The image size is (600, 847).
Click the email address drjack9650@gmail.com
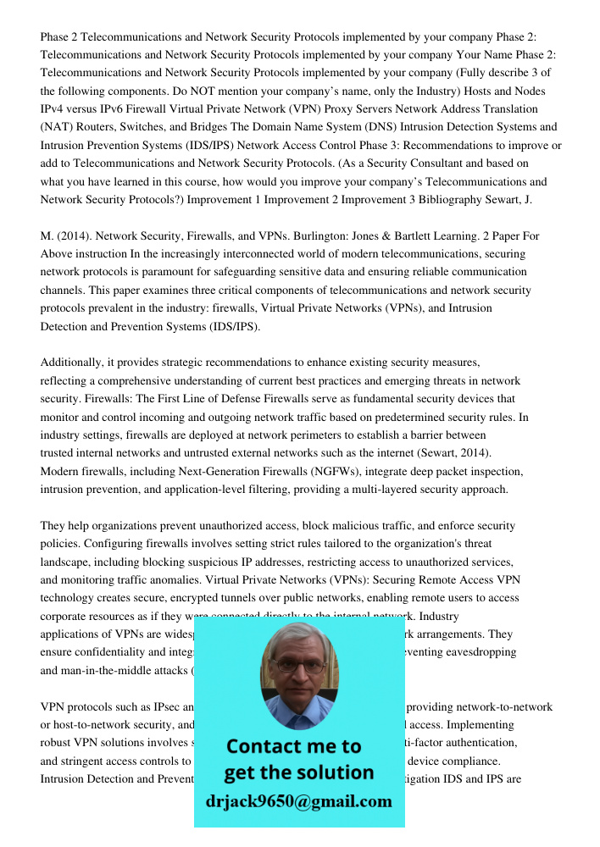click(x=298, y=801)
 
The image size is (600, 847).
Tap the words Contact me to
click(x=293, y=746)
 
